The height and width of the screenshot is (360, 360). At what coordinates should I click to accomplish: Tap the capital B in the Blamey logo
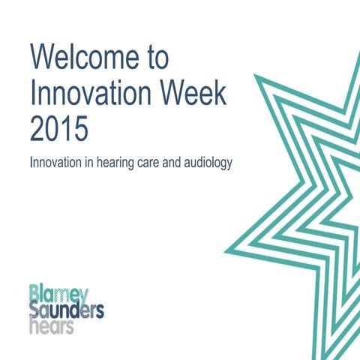[34, 292]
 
